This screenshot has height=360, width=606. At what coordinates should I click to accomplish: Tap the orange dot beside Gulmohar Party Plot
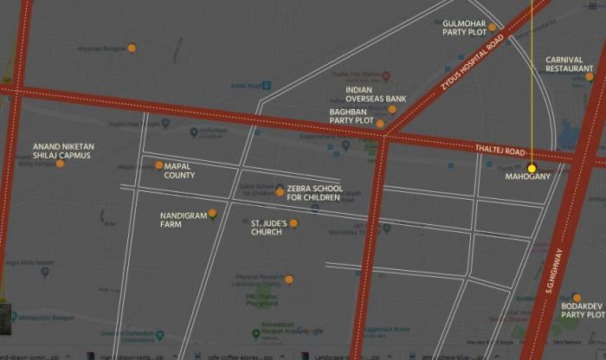click(x=492, y=27)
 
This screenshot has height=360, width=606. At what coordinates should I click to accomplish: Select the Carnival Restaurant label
click(x=570, y=65)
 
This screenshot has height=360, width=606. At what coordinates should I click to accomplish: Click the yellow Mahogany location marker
click(x=532, y=167)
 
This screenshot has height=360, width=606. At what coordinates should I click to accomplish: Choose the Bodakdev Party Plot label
click(x=583, y=310)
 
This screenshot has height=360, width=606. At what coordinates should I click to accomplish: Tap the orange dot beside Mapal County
click(x=159, y=165)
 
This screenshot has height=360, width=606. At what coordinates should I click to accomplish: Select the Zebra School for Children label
click(x=314, y=193)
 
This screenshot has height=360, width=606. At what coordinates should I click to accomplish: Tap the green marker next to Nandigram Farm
click(x=212, y=213)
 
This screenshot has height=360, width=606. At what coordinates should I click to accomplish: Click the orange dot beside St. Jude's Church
click(x=293, y=223)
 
